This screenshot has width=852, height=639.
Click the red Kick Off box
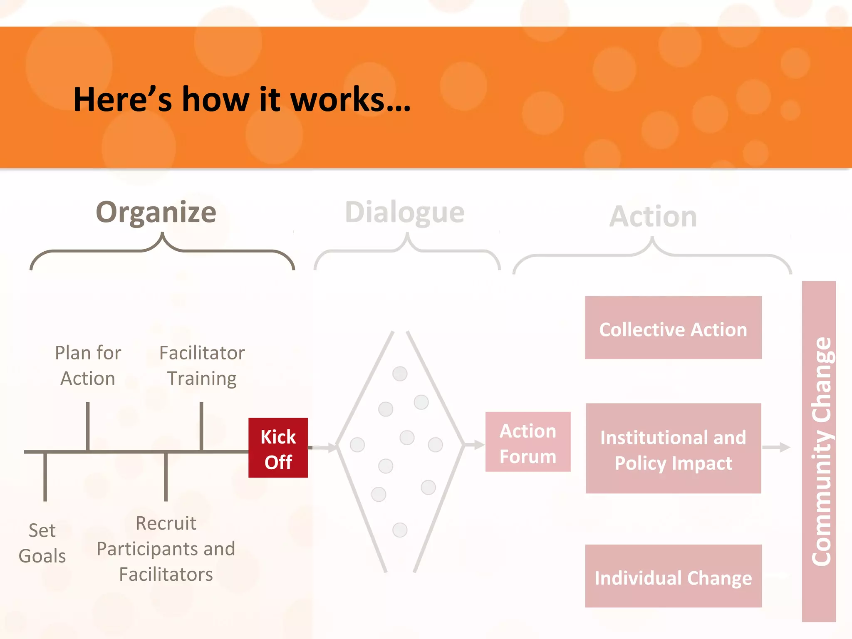278,448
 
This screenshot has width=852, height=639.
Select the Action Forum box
528,442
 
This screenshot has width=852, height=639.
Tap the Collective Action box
673,328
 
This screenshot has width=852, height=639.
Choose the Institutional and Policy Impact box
673,448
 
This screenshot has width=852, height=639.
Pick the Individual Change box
673,576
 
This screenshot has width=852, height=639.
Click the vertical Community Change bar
819,451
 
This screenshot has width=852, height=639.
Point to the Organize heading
156,212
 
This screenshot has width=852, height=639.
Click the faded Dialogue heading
404,212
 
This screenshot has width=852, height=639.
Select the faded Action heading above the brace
653,216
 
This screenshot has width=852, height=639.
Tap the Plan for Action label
88,365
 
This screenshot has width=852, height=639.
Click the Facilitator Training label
202,365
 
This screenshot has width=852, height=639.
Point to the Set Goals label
42,543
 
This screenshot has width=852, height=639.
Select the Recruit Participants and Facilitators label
166,548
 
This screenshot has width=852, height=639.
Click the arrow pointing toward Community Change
776,447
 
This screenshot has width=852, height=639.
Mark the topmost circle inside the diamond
400,374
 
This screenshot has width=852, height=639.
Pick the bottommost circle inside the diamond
400,530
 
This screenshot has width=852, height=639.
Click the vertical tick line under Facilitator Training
201,426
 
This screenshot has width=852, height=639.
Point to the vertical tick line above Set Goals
45,477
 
